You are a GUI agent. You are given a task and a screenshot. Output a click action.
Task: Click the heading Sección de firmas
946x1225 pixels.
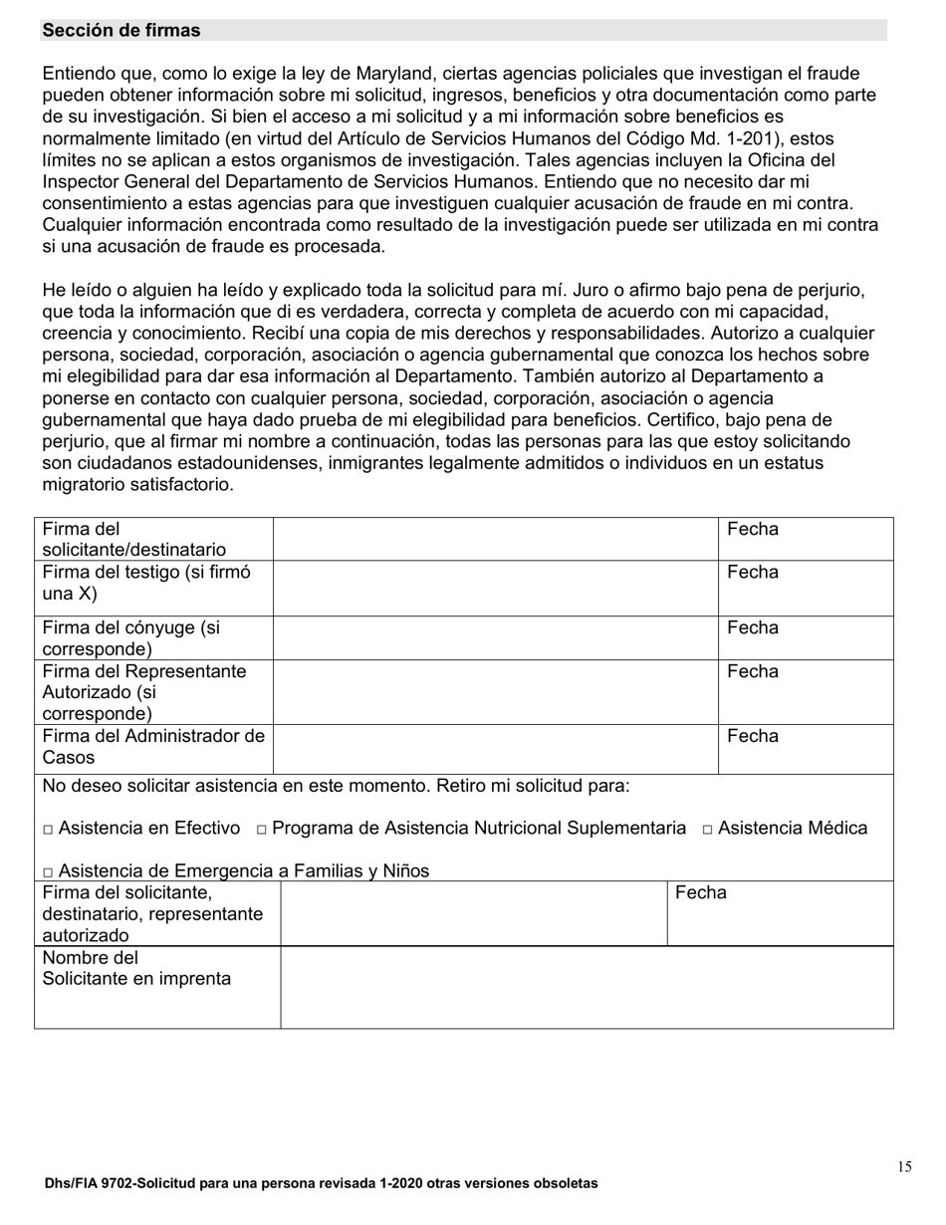coord(120,31)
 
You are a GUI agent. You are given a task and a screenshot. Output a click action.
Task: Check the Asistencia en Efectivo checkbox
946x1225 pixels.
coord(49,830)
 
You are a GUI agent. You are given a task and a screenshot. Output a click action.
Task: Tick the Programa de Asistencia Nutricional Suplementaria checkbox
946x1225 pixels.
coord(262,830)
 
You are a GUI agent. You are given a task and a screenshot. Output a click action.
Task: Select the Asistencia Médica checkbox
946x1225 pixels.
coord(707,830)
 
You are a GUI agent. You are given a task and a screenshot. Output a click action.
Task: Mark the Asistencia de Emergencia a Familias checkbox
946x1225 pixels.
coord(49,872)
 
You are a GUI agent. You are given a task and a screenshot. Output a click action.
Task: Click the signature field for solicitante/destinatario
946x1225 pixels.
coord(495,539)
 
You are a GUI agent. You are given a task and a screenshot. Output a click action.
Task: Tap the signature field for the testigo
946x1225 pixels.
coord(495,588)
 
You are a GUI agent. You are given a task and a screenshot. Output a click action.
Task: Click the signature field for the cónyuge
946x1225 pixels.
coord(495,638)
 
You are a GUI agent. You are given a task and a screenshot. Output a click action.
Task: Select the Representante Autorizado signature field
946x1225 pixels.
coord(495,692)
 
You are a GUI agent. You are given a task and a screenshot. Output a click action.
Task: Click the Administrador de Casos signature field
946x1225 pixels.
coord(495,748)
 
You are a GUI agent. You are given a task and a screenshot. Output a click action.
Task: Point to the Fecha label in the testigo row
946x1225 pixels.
coord(753,573)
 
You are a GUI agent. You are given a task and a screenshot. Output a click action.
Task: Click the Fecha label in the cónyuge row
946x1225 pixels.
coord(753,628)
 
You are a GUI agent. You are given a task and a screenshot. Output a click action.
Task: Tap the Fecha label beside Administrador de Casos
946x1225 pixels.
coord(753,737)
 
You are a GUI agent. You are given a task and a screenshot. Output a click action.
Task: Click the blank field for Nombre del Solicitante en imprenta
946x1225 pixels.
coord(587,987)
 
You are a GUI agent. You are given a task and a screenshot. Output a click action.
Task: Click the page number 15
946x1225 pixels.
coord(903,1167)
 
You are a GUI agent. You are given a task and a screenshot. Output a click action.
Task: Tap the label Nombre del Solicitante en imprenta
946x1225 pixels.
coord(136,969)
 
